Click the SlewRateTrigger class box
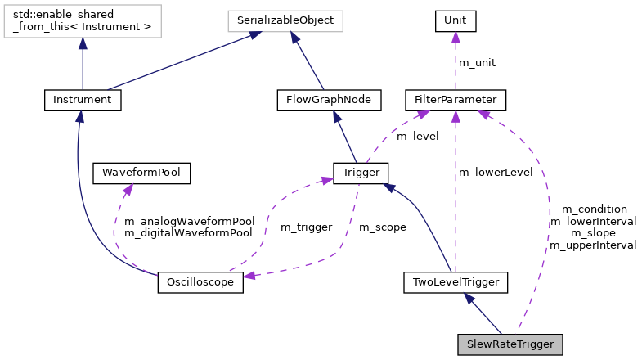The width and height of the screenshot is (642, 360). click(x=510, y=344)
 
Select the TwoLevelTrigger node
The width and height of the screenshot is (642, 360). click(x=456, y=283)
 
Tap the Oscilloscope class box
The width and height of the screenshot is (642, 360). click(x=200, y=283)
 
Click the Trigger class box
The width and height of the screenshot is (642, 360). click(x=360, y=173)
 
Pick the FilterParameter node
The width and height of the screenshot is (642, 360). click(x=456, y=100)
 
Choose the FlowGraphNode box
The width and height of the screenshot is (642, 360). click(x=324, y=100)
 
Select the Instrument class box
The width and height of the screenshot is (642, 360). click(x=82, y=100)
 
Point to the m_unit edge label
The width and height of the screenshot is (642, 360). click(x=477, y=63)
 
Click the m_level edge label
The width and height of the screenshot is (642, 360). click(x=417, y=136)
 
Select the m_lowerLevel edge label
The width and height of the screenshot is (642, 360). click(x=496, y=173)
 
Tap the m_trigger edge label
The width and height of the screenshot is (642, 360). click(x=306, y=227)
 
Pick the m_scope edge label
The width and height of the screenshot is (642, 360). click(x=383, y=227)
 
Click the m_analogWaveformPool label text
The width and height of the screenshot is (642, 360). click(x=188, y=221)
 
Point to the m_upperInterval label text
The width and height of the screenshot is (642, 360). click(x=593, y=245)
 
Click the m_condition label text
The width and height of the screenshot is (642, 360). click(x=589, y=209)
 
